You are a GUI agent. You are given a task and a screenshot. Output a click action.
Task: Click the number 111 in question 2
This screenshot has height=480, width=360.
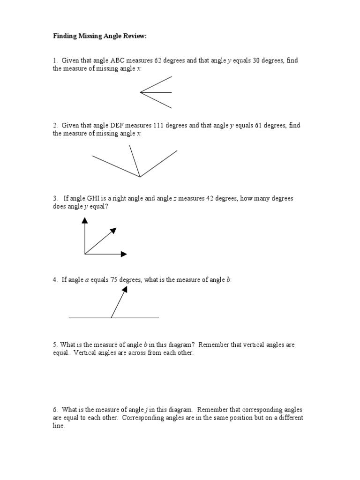tap(160, 125)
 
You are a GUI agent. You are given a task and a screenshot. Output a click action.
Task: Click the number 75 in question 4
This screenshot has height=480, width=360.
tap(113, 280)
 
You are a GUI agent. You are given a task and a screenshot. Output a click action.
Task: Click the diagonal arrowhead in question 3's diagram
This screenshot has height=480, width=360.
tap(113, 230)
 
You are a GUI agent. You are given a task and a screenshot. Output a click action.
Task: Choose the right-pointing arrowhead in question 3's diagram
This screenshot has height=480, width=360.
tap(124, 254)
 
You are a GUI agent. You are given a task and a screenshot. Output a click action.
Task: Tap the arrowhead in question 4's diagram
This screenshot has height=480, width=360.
tap(125, 290)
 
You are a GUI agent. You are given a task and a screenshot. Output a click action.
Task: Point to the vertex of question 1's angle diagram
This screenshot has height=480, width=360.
tap(141, 92)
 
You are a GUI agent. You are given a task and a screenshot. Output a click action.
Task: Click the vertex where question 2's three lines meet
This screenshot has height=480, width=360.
tap(140, 177)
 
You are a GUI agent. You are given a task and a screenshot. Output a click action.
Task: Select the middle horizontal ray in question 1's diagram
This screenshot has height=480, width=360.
tap(157, 92)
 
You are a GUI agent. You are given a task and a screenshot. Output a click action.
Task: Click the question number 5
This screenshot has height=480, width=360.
tap(54, 345)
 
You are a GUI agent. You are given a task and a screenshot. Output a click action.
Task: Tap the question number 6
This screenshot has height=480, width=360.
tap(54, 410)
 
